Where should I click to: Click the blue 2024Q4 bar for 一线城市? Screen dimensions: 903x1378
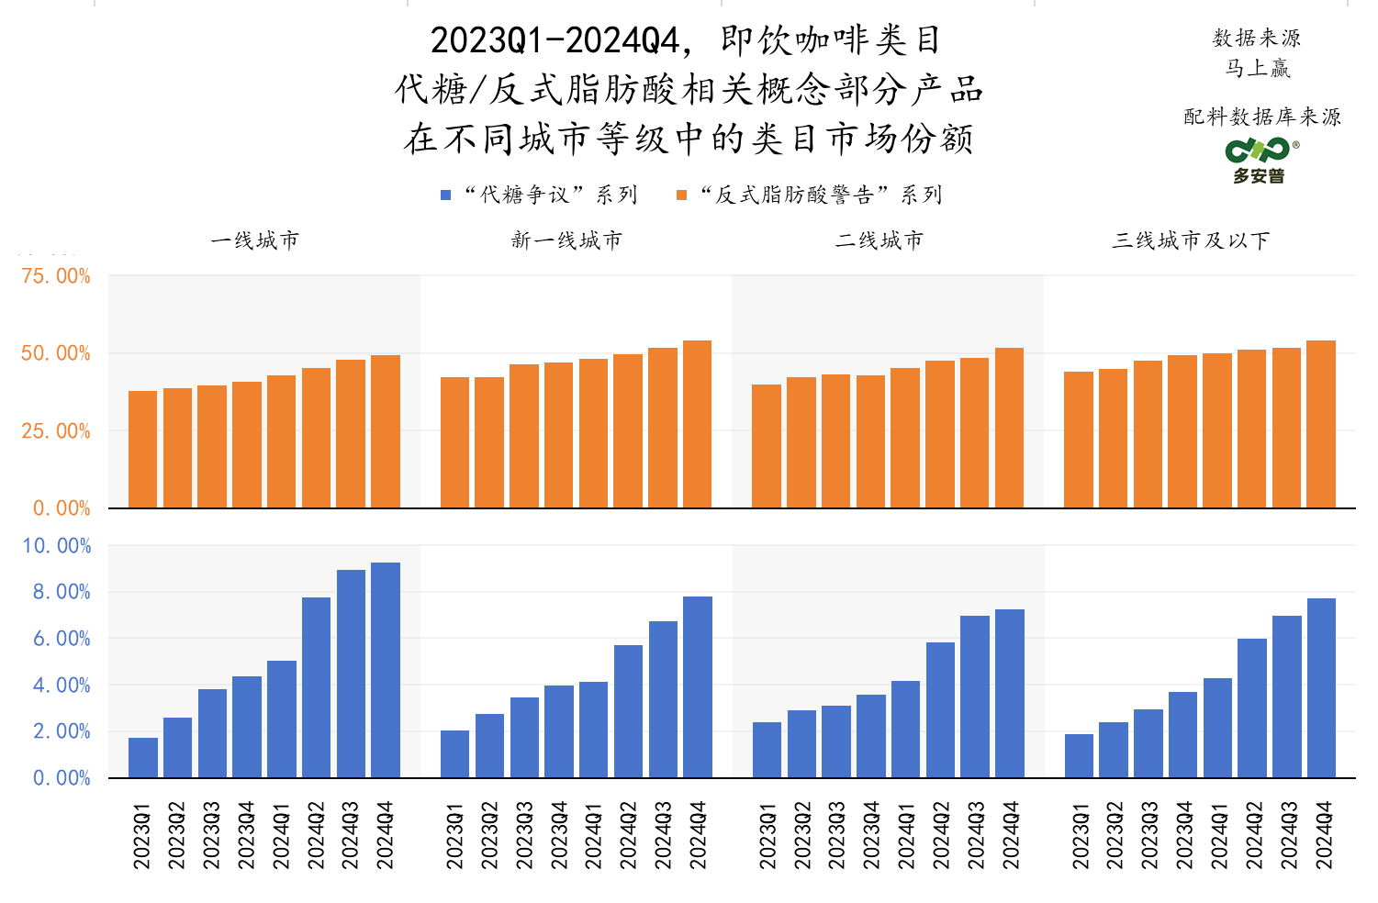386,670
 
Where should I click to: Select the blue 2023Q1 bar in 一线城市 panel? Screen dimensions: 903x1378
143,758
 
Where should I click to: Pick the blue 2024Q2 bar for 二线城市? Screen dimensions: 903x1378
940,710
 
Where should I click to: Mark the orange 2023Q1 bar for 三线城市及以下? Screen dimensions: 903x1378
1079,440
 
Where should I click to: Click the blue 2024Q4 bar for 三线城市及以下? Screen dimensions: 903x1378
1321,688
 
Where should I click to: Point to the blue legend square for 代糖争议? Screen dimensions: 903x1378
446,195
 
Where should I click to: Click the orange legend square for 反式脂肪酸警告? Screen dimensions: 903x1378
681,195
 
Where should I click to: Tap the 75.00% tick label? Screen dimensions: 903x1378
56,276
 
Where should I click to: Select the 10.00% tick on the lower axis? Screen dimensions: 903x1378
56,546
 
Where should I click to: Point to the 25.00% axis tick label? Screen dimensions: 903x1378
56,431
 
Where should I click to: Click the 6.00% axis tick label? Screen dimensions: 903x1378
62,639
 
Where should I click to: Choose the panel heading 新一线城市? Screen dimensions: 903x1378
566,240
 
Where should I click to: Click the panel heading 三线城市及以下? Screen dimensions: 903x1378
1191,240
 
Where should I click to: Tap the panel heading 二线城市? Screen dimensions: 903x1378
879,240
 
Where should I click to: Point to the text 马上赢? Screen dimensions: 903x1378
1258,68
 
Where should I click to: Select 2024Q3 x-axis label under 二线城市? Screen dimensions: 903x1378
976,835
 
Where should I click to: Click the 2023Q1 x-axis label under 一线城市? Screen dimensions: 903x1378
142,835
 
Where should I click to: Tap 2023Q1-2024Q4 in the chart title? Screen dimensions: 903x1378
555,40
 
